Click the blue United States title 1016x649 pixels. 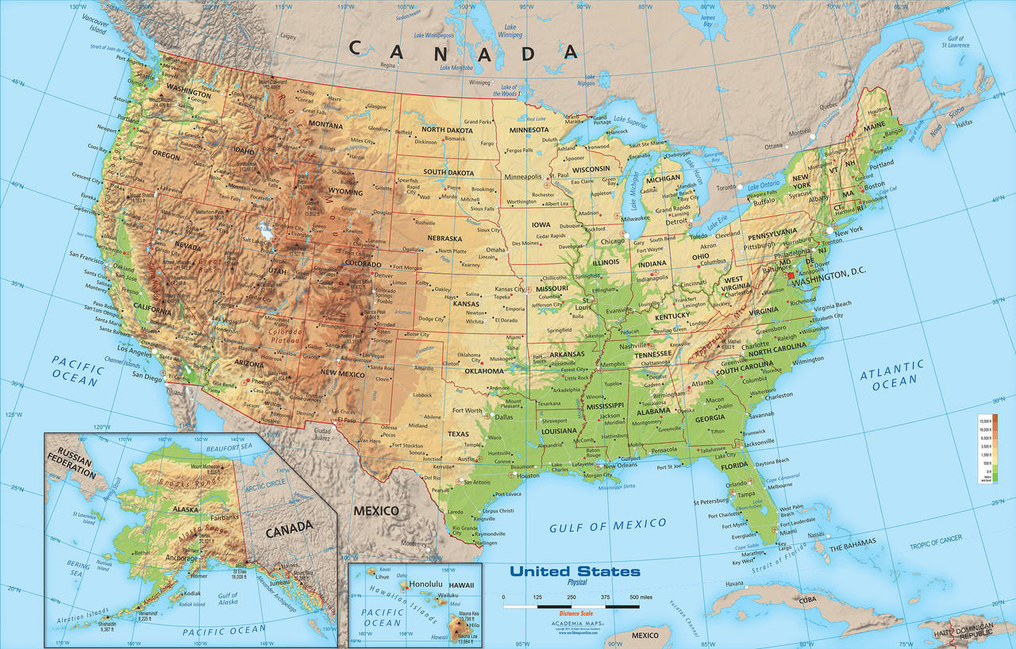coord(575,571)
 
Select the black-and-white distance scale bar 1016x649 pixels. coord(571,606)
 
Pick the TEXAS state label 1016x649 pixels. coord(458,434)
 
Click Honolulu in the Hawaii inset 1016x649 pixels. coord(421,585)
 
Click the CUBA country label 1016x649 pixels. coord(807,599)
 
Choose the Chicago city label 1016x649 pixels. coord(612,241)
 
